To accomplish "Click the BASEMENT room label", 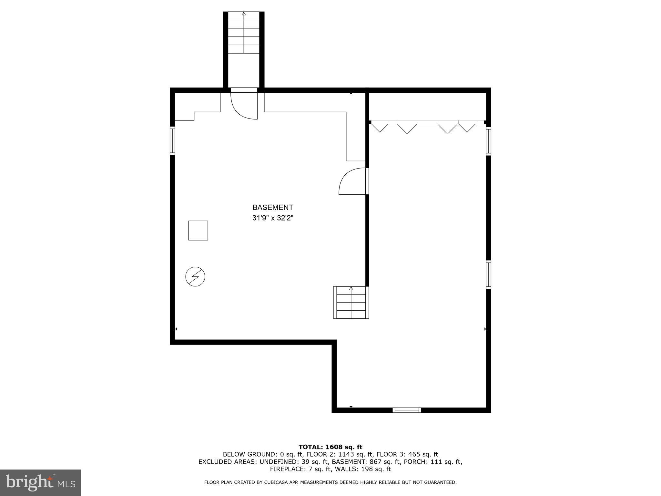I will click(x=273, y=207).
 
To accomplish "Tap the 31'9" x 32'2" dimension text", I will click(x=273, y=218).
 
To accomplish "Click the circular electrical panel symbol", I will click(x=195, y=277).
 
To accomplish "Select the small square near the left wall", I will click(x=198, y=231).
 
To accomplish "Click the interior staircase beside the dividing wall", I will click(x=351, y=303).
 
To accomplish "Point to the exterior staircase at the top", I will click(x=244, y=33).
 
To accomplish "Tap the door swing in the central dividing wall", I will click(x=353, y=181).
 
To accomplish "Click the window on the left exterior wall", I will click(x=172, y=141).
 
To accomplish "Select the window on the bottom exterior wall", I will click(x=407, y=410).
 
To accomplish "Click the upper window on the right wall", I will click(x=488, y=141).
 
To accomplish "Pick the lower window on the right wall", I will click(x=488, y=274).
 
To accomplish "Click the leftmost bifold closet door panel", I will click(x=380, y=127).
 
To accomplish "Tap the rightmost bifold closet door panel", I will click(x=467, y=127).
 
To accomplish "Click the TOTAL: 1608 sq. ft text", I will click(x=330, y=447).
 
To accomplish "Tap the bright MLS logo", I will click(x=40, y=483).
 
